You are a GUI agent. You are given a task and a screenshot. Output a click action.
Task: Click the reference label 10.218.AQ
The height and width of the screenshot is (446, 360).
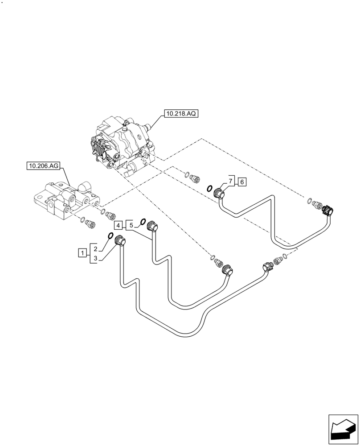(x=180, y=114)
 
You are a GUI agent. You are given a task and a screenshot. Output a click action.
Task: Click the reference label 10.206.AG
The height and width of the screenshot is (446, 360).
(x=43, y=166)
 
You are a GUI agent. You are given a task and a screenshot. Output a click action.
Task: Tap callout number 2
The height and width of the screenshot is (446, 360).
(x=95, y=248)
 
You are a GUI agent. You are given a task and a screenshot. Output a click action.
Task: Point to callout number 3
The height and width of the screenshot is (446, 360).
(x=95, y=258)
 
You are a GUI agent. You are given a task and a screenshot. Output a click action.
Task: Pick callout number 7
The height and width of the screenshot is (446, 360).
(x=230, y=182)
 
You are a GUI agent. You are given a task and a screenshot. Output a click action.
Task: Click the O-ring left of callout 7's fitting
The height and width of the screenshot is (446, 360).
(x=209, y=189)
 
